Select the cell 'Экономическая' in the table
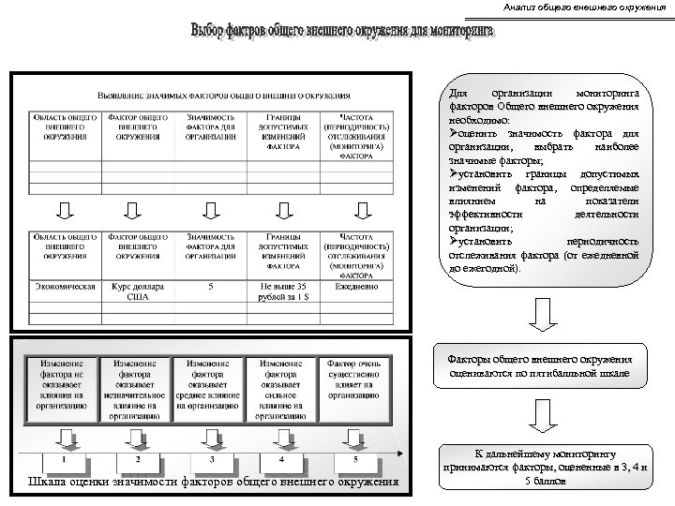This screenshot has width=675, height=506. coord(65,286)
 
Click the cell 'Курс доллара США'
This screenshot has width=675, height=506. coord(137,291)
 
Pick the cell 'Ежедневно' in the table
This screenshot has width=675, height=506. coord(352,286)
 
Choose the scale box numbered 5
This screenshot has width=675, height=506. coord(354,461)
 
